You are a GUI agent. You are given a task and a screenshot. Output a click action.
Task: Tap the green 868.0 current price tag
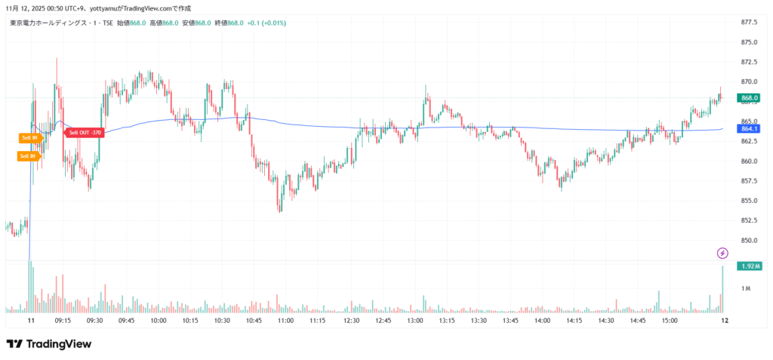point(749,98)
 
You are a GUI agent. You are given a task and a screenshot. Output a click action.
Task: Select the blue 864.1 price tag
point(749,128)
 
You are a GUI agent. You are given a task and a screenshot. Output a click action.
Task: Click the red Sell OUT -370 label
point(85,133)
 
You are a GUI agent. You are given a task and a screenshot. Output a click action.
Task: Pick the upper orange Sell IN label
point(29,137)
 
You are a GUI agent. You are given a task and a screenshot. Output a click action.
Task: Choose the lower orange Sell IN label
point(28,156)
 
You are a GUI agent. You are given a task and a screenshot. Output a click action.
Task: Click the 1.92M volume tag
point(750,266)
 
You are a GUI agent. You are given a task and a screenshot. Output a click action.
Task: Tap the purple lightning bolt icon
point(722,253)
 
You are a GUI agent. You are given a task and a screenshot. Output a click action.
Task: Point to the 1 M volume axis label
point(745,289)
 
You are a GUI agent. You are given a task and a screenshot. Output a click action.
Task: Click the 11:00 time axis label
point(285,321)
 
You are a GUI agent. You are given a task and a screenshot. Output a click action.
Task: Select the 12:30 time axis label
point(350,321)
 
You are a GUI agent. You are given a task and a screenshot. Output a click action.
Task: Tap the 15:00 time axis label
point(669,321)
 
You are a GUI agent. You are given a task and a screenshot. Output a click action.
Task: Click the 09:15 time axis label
point(63,321)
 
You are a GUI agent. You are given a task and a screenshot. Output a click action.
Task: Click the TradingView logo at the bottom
point(49,344)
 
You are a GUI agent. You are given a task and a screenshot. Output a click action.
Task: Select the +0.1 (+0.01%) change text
point(266,23)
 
